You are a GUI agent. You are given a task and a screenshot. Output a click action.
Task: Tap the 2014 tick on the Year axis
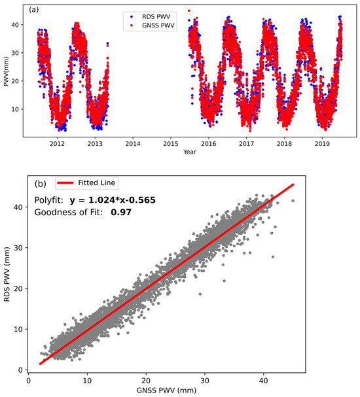pos(133,142)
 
